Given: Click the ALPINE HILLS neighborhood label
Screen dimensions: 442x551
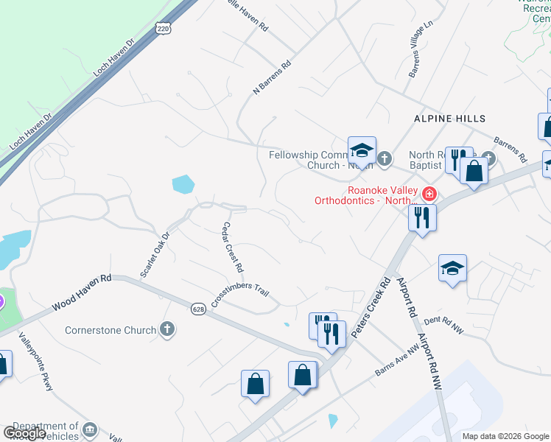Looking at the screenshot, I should (x=449, y=119).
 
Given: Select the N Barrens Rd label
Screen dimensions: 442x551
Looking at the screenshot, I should (x=273, y=77).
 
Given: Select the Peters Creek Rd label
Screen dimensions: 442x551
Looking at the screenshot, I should (x=369, y=309).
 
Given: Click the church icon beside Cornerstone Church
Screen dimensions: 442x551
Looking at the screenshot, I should (x=168, y=329).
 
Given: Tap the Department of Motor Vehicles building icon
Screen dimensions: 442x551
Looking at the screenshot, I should (x=89, y=429).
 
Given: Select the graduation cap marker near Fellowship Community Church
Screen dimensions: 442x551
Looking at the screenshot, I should (x=362, y=151).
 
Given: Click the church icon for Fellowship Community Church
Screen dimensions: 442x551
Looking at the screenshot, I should (x=384, y=158).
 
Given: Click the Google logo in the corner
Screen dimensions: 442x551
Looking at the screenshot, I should (x=24, y=433).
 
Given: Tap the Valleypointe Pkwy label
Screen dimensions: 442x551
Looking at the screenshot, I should (x=36, y=362).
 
